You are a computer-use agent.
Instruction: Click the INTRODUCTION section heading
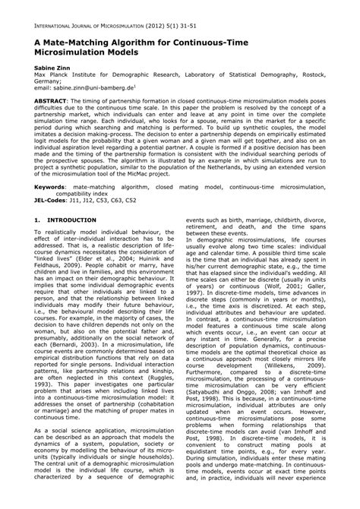pyautogui.click(x=71, y=242)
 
